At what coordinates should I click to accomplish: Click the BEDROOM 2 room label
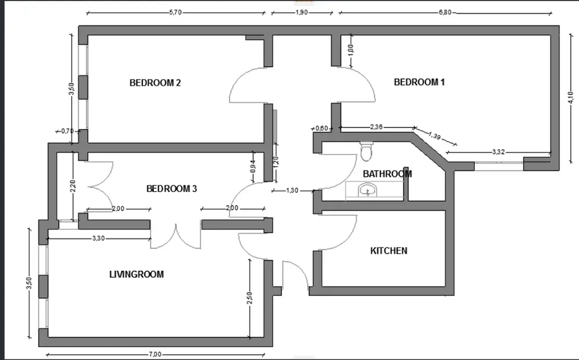(x=155, y=83)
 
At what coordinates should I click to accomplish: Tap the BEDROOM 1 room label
(x=419, y=82)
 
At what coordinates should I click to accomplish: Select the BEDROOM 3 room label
(x=171, y=189)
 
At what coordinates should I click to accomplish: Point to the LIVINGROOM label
(x=136, y=274)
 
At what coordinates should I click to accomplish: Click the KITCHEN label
(x=389, y=251)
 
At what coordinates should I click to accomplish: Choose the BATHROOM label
(x=387, y=174)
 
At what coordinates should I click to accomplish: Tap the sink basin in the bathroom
(x=366, y=190)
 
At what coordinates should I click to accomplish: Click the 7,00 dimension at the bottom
(x=155, y=355)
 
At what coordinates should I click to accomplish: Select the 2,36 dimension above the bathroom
(x=376, y=126)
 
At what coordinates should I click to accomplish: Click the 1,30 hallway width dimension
(x=292, y=190)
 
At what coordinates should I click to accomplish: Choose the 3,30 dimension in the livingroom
(x=99, y=238)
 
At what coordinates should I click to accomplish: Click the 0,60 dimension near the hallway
(x=321, y=128)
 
